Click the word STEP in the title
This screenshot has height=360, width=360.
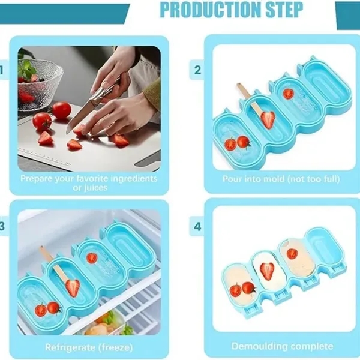pos(282,10)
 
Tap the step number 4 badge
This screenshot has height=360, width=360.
pos(197,227)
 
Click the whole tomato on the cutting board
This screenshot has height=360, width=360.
pos(61,110)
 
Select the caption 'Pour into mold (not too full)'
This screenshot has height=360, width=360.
pos(281,179)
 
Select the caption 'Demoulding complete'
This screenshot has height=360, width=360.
pos(282,346)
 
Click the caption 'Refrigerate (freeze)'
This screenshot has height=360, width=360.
pos(89,347)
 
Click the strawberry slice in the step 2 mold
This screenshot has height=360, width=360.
pos(268,119)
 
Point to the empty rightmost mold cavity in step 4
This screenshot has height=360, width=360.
pos(324,246)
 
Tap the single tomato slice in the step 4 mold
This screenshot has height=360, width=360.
pos(292,253)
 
